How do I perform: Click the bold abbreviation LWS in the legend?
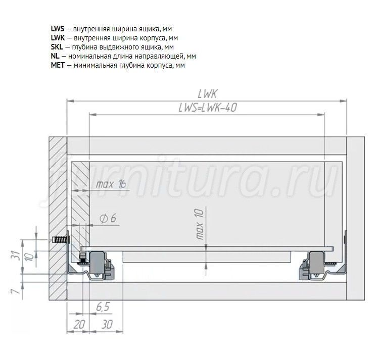coord(58,29)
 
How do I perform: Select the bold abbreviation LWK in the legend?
coord(58,38)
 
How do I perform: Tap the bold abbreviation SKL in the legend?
coord(57,47)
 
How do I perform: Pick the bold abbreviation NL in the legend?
coord(55,56)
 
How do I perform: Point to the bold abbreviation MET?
coord(58,65)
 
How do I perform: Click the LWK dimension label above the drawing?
coord(208,94)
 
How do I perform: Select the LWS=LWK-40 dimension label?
coord(208,108)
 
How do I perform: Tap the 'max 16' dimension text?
coord(111,184)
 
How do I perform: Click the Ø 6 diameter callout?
coord(108,218)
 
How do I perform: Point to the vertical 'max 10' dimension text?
coord(200,224)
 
